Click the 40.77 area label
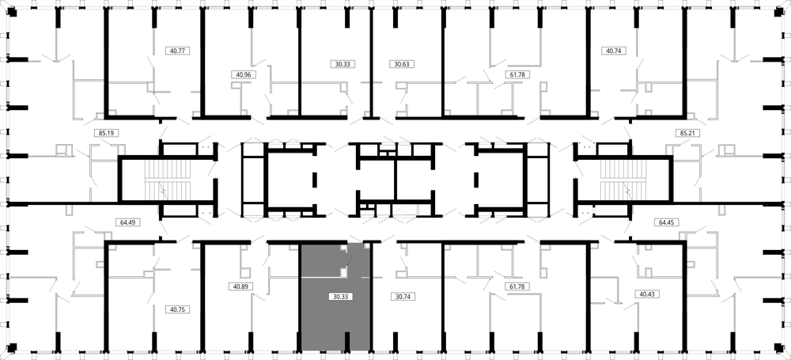pyautogui.click(x=177, y=51)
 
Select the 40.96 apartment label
pyautogui.click(x=244, y=74)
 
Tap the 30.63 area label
pyautogui.click(x=402, y=64)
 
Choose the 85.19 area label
pyautogui.click(x=106, y=134)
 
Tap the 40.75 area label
pyautogui.click(x=177, y=309)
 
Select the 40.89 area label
pyautogui.click(x=240, y=286)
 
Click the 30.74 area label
pyautogui.click(x=403, y=297)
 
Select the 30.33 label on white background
pyautogui.click(x=343, y=64)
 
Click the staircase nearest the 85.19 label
pyautogui.click(x=168, y=180)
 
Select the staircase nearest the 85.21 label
pyautogui.click(x=623, y=180)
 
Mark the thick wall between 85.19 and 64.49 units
pyautogui.click(x=63, y=204)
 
